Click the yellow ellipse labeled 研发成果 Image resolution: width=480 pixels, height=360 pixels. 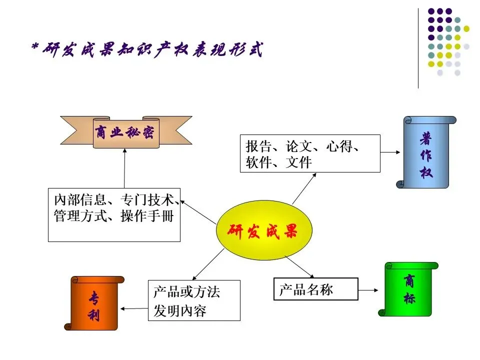[264, 230]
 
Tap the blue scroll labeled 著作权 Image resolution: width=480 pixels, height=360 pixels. [426, 152]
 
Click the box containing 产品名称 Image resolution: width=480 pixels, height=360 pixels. [316, 289]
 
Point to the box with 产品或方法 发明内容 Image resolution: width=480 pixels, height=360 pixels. [194, 300]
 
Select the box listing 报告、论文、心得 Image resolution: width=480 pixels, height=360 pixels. [310, 153]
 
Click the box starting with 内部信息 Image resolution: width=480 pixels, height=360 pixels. [114, 214]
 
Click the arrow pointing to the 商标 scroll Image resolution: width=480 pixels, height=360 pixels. [368, 289]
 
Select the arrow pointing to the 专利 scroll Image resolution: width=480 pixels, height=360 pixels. [134, 308]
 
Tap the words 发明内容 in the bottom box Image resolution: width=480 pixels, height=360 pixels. [180, 311]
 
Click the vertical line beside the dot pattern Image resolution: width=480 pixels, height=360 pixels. [418, 48]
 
